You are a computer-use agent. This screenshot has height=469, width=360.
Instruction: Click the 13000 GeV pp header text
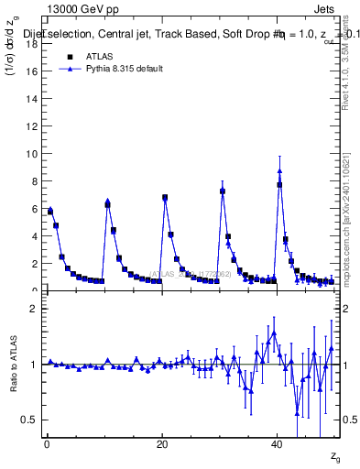[82, 9]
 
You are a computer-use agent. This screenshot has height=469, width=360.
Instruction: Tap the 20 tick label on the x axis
[161, 444]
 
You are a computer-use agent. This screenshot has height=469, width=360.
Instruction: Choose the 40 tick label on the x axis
[277, 444]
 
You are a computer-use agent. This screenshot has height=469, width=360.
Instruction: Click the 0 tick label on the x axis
[47, 444]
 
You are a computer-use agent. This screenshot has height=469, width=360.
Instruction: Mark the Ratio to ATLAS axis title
[13, 365]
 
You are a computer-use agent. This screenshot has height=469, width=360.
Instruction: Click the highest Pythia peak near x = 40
[279, 171]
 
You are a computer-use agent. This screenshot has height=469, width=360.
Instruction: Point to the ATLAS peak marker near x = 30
[223, 191]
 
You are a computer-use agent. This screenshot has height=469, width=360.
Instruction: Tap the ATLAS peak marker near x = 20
[165, 197]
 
